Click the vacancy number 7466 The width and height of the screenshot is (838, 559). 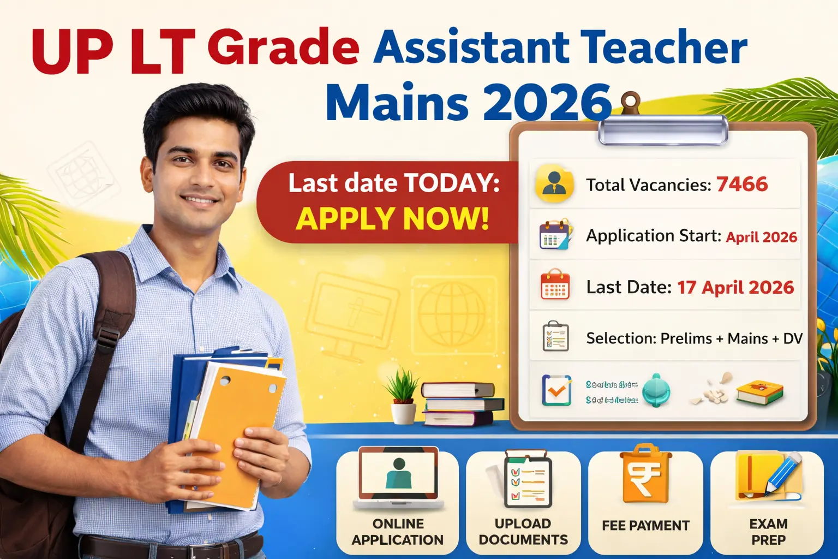(741, 185)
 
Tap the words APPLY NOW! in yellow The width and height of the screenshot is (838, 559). (392, 219)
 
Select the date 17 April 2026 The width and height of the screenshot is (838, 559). (735, 288)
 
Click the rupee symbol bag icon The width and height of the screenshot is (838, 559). (645, 474)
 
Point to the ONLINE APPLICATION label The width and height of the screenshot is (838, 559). (398, 532)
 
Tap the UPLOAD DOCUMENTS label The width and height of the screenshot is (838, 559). (523, 532)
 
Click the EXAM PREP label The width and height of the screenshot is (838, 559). (768, 532)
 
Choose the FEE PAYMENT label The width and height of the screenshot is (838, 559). (645, 526)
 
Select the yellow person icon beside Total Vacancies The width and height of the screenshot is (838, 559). (554, 184)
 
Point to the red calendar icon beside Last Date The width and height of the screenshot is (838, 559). (554, 285)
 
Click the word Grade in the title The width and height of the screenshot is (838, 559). (283, 48)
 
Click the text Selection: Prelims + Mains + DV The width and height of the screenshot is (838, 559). (694, 338)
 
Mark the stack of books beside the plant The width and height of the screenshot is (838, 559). (463, 405)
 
